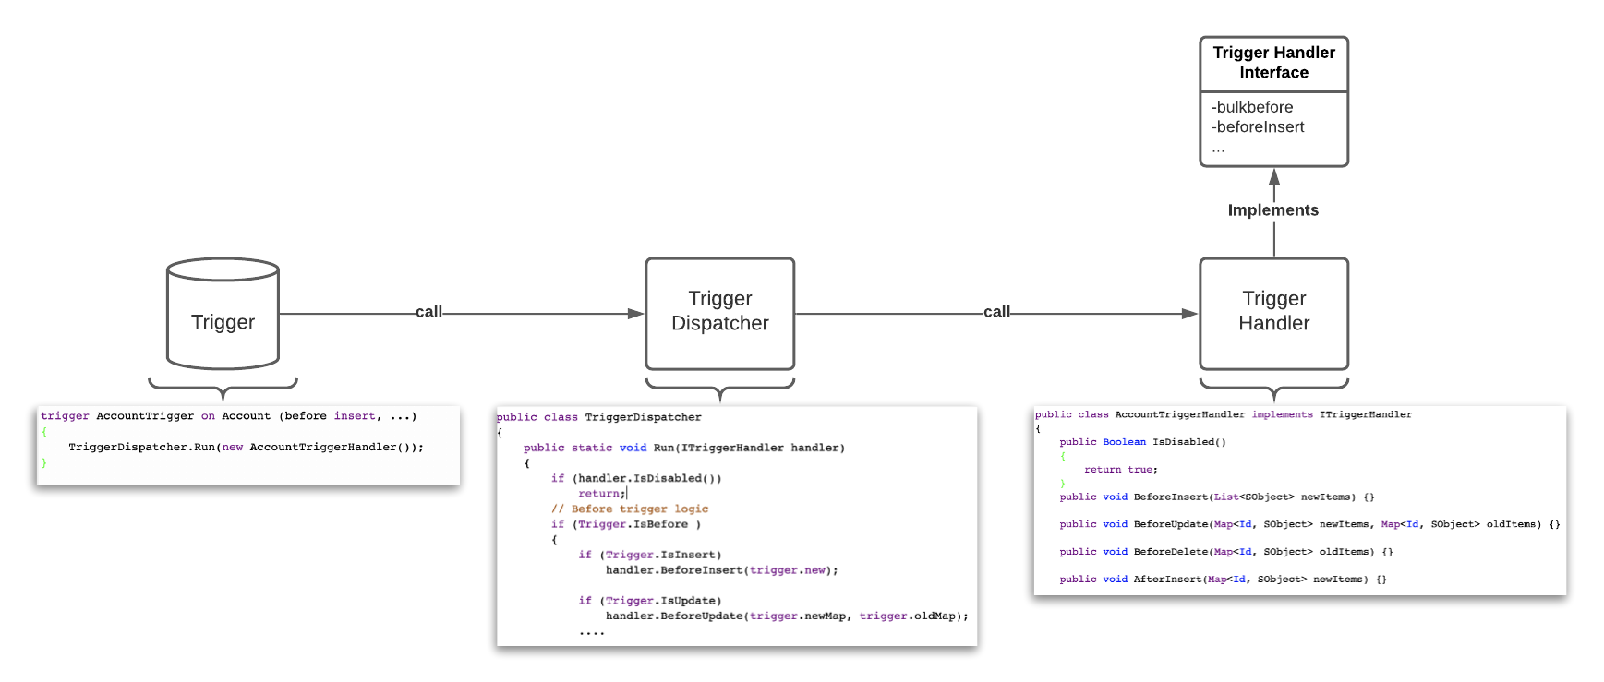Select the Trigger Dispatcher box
tap(719, 313)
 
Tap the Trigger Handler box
tap(1273, 313)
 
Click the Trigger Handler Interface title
tap(1273, 63)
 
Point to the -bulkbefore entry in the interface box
tap(1252, 107)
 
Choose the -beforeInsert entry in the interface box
tap(1258, 127)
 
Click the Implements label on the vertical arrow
tap(1272, 210)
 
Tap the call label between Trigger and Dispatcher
tap(428, 312)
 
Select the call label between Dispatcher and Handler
tap(996, 312)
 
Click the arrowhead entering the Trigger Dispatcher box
tap(636, 314)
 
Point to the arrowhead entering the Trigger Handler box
tap(1190, 314)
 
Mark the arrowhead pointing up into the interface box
tap(1274, 176)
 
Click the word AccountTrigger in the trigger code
tap(145, 416)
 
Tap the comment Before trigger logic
tap(630, 509)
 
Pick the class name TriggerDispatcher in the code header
tap(643, 417)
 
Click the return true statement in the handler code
tap(1120, 470)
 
